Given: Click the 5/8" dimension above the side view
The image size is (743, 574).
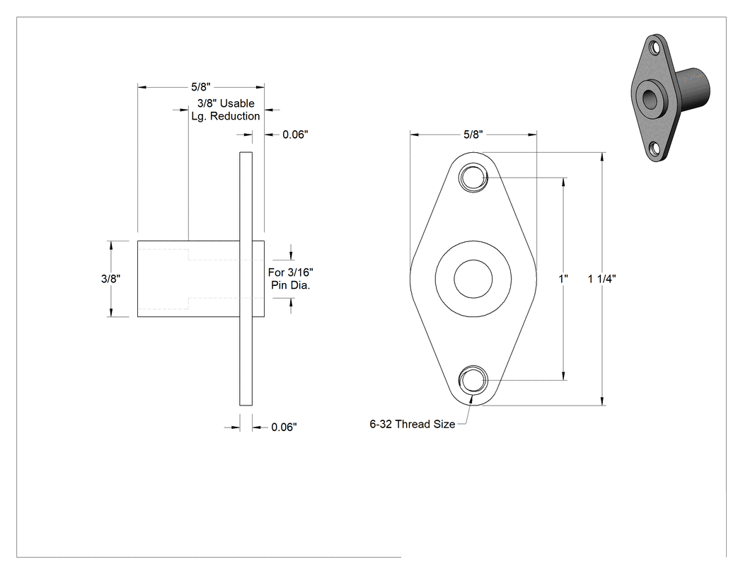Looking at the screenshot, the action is coord(200,87).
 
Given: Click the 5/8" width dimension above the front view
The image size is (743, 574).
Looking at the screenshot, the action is coord(473,134).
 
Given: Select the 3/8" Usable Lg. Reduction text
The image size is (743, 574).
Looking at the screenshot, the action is coord(226,110).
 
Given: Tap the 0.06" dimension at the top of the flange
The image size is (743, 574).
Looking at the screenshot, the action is coord(295,134).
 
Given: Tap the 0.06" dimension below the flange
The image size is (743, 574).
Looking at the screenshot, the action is coord(284,427).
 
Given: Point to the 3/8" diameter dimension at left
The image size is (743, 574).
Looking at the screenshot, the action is coord(110,279).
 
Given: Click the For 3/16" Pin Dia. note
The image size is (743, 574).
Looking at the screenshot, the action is coord(290,279).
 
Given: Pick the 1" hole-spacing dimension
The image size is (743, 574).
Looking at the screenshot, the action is coord(563,279).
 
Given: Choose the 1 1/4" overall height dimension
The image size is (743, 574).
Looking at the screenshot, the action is coord(601,279).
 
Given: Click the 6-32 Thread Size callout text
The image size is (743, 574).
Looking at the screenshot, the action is coord(413,424).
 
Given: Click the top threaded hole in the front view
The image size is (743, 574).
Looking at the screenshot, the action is coord(473,178).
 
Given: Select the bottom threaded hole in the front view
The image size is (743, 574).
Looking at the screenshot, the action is coord(473,380).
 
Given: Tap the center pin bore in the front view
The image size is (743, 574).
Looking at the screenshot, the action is coord(473,279).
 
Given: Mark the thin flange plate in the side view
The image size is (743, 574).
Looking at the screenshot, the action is coord(246,279).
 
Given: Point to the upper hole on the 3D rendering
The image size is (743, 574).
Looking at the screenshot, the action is coord(655,48).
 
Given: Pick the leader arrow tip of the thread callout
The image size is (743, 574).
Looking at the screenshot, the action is coord(471,396).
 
